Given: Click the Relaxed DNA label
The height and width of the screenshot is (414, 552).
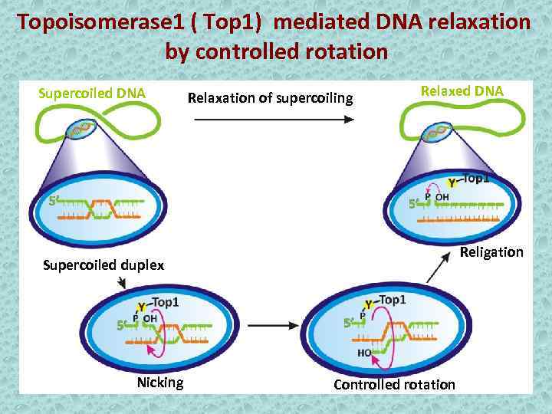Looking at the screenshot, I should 462,90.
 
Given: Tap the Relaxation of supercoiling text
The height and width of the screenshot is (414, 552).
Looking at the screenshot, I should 270,98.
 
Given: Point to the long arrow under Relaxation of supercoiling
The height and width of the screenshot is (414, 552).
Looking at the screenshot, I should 273,120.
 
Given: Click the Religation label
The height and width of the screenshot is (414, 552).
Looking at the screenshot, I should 491,252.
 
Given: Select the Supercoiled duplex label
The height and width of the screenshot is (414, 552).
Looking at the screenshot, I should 103,266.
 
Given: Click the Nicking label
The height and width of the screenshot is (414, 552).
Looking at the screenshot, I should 159,383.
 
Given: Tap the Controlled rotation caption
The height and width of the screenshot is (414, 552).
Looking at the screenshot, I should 394,384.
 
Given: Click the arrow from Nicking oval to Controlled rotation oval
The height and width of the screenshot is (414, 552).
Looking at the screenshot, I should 273,326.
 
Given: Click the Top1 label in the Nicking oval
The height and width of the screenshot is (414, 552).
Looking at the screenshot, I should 166,302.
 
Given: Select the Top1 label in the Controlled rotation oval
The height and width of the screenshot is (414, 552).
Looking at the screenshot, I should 392,300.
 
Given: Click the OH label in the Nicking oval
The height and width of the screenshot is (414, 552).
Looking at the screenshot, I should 149,318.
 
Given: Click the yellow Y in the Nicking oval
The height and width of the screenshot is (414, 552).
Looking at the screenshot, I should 141,307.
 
